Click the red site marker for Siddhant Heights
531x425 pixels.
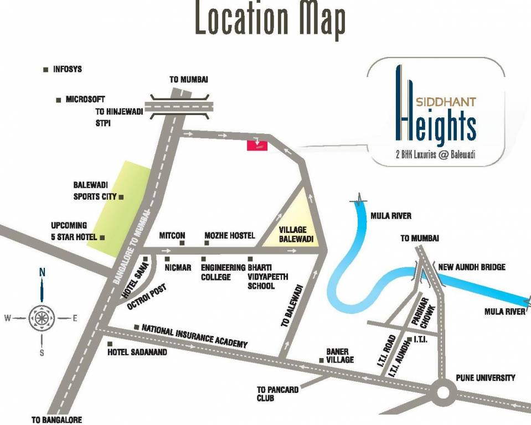pyautogui.click(x=257, y=145)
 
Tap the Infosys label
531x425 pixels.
pyautogui.click(x=67, y=70)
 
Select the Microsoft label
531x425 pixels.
pyautogui.click(x=85, y=100)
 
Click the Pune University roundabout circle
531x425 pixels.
pyautogui.click(x=444, y=392)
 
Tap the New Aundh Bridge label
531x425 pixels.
pyautogui.click(x=471, y=267)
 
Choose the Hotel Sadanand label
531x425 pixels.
pyautogui.click(x=137, y=352)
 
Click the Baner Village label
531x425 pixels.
pyautogui.click(x=340, y=355)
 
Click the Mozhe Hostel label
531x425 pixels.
pyautogui.click(x=229, y=236)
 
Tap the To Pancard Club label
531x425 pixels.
pyautogui.click(x=277, y=393)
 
